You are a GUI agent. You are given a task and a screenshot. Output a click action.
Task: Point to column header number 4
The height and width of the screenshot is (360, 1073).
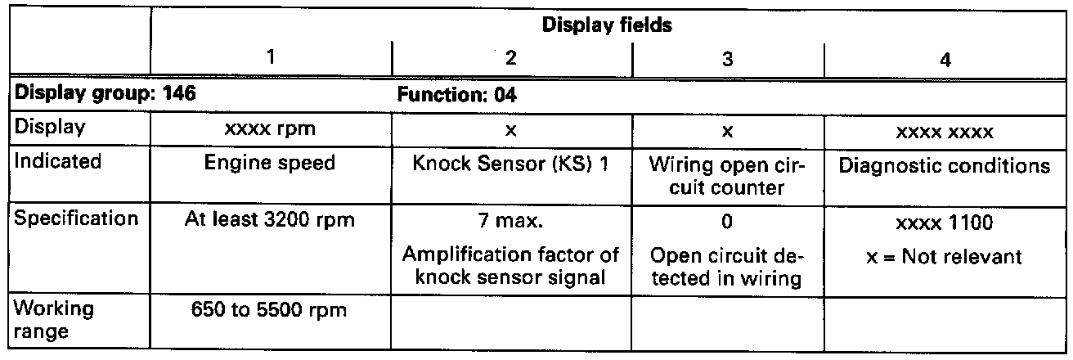click(945, 61)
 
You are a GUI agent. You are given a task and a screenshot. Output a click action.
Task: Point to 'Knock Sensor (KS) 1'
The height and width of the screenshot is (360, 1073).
click(511, 163)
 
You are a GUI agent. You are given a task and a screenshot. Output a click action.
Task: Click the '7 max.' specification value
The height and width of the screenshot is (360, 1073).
click(511, 221)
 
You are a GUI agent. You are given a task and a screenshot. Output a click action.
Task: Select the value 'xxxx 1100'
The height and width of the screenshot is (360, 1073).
click(945, 221)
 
